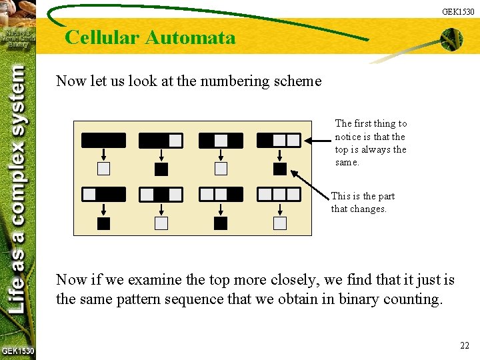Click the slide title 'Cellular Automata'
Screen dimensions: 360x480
coord(150,37)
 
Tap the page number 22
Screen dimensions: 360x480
coord(465,345)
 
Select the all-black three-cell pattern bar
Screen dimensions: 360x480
coord(103,141)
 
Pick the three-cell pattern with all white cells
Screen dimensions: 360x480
coord(279,194)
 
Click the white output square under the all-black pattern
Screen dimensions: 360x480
coord(103,169)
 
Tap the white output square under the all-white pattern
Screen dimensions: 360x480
coord(280,223)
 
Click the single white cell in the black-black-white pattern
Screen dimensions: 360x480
coord(175,141)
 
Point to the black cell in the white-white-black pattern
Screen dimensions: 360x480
coord(235,194)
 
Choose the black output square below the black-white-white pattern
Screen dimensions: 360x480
coord(280,169)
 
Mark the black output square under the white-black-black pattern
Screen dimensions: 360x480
coord(103,223)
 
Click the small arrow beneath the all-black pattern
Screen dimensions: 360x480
coord(103,155)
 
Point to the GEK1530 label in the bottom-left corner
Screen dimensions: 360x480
coord(17,351)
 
